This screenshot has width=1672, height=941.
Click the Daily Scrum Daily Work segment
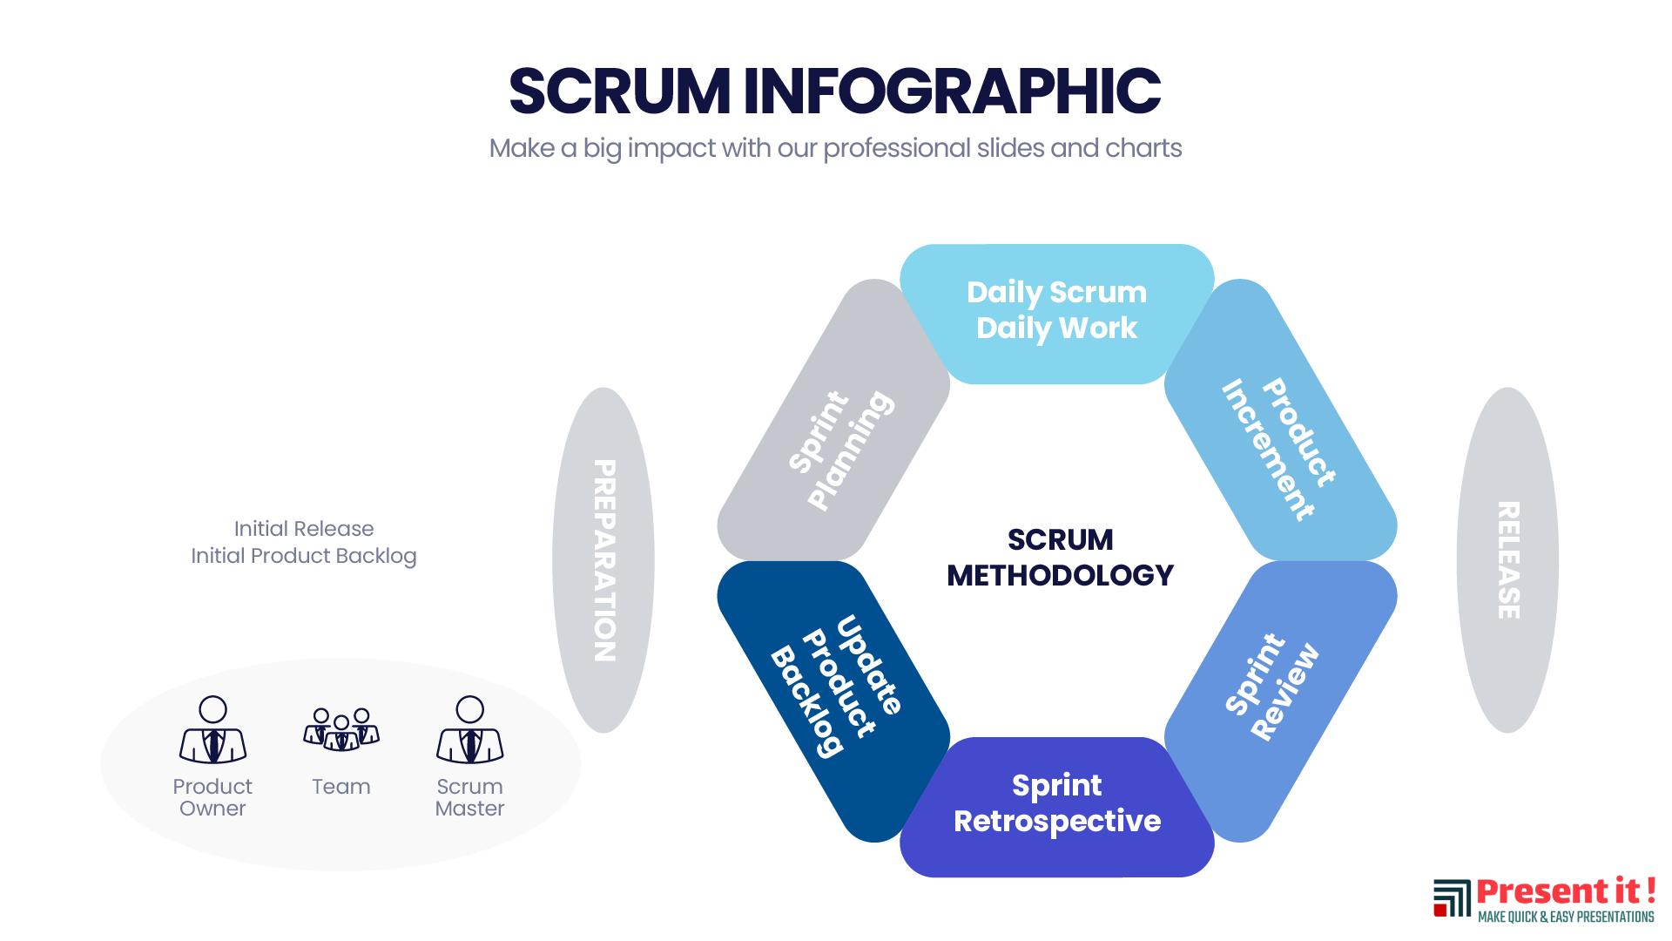(1056, 311)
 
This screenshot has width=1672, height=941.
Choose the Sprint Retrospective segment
(1056, 804)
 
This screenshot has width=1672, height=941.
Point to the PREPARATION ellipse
(603, 559)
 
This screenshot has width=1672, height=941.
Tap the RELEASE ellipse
(1507, 559)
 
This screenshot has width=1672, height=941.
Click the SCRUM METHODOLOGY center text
(1060, 558)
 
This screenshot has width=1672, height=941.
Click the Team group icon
(341, 729)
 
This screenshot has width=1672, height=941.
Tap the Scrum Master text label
(469, 797)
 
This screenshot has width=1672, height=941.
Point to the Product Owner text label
(212, 797)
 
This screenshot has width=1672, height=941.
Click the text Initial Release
(304, 529)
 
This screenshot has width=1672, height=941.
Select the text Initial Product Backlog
(304, 556)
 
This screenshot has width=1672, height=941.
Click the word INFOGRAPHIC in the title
(951, 91)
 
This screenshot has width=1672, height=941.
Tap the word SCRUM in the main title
(619, 91)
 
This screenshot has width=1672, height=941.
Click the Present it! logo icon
(1452, 898)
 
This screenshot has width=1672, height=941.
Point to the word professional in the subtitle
(896, 149)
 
